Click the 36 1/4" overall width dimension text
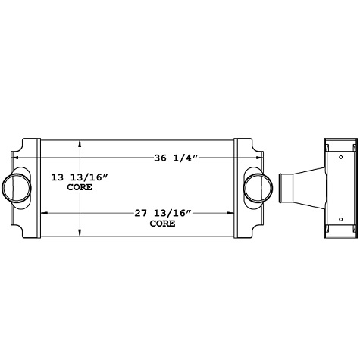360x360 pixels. click(x=175, y=158)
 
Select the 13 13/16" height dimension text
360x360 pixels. click(x=80, y=177)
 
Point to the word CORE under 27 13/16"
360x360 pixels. click(x=161, y=224)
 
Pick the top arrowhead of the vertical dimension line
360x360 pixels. click(x=80, y=142)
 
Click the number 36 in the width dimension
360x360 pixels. click(x=161, y=158)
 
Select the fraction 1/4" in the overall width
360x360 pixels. click(x=187, y=158)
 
